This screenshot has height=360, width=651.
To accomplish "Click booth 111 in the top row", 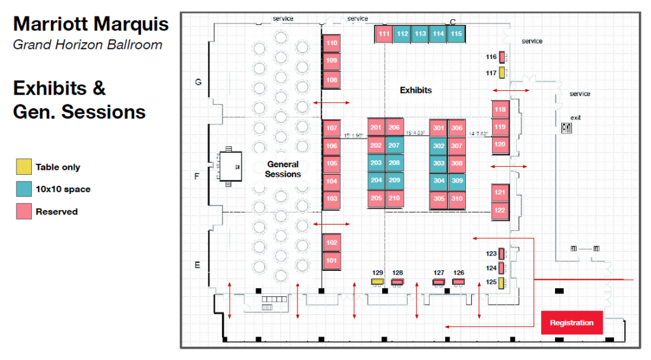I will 383,34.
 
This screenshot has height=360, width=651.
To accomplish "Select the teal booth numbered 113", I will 420,34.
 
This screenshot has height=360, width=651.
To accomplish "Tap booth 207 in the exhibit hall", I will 394,146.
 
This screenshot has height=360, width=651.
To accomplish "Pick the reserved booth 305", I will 439,198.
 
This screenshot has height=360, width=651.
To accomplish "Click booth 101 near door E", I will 331,260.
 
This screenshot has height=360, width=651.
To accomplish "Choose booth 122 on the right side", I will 500,211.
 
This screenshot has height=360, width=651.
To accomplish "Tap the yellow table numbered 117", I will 502,73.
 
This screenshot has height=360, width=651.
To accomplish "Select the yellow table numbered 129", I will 378,281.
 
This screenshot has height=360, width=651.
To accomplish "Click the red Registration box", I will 572,322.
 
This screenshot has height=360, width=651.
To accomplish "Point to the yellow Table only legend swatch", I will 24,167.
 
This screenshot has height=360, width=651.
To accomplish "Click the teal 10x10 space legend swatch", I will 24,189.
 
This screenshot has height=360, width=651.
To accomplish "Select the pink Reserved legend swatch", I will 24,211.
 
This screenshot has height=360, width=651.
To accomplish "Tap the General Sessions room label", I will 282,169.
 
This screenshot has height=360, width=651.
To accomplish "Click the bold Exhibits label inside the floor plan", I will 416,90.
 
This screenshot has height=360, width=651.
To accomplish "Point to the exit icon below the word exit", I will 566,128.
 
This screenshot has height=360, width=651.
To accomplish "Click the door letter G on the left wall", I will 198,82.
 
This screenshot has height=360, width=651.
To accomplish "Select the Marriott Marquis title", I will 91,24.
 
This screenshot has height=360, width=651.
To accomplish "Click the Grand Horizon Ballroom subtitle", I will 87,45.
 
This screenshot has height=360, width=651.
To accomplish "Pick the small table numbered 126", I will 458,281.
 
